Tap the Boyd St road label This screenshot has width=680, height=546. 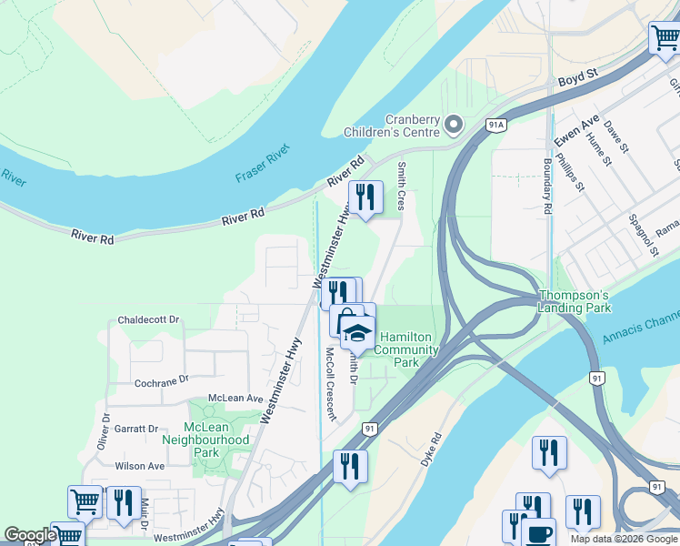(x=583, y=81)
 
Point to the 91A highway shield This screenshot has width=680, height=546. (x=495, y=124)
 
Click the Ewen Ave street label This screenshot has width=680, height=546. (x=577, y=131)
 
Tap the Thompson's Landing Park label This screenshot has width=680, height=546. (x=573, y=302)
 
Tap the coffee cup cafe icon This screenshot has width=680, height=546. (x=538, y=533)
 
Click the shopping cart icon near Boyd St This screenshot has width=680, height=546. (x=665, y=39)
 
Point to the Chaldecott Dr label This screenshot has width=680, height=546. (x=149, y=321)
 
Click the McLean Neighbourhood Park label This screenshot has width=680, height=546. (x=205, y=440)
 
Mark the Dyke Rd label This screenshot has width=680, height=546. (x=431, y=450)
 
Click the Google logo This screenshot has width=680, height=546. (x=29, y=535)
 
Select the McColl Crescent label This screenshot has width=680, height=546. (x=325, y=384)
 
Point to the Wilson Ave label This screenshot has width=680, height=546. (x=139, y=466)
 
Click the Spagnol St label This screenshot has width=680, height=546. (x=640, y=235)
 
